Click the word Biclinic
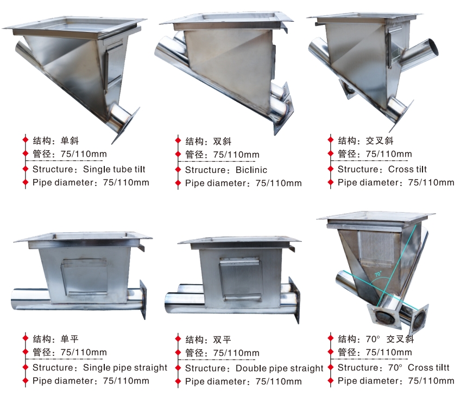point(251,170)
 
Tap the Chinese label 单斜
point(70,140)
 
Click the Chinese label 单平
point(70,339)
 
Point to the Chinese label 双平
point(222,340)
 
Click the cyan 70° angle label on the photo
point(378,274)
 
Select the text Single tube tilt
point(114,169)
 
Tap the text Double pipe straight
point(279,368)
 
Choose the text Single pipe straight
point(125,368)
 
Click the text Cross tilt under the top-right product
point(407,169)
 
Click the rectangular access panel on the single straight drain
point(85,277)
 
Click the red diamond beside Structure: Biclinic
point(178,170)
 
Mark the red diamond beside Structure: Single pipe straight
point(26,367)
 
